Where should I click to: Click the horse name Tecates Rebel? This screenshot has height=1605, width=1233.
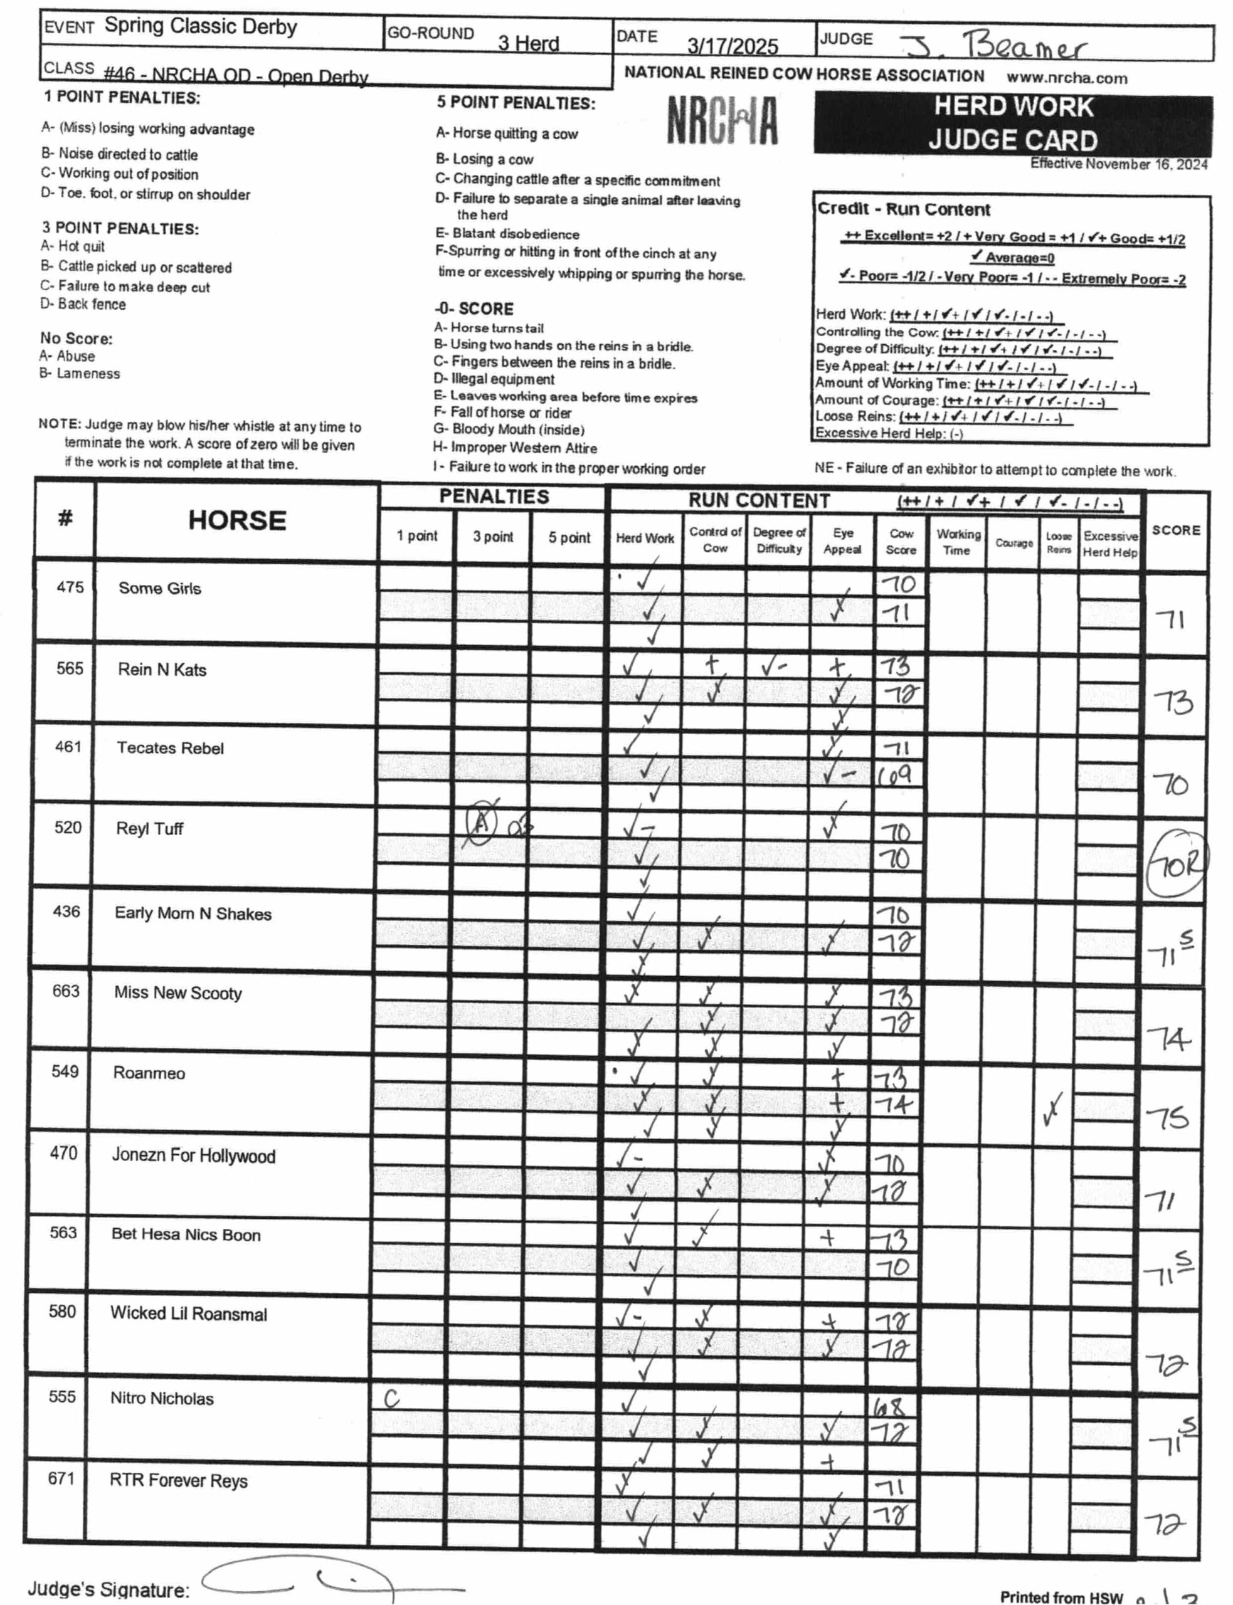tap(170, 748)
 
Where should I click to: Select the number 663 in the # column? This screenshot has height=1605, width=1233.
tap(65, 991)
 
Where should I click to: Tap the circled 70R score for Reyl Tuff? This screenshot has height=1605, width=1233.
tap(1176, 866)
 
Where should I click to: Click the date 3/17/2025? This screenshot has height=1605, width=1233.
tap(732, 46)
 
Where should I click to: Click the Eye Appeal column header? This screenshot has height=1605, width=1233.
tap(842, 541)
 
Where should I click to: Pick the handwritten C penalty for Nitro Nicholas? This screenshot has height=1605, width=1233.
tap(392, 1399)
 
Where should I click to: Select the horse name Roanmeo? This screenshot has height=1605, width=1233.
tap(149, 1073)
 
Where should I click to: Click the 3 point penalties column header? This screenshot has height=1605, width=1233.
tap(492, 537)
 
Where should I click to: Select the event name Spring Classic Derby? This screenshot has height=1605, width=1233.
tap(200, 26)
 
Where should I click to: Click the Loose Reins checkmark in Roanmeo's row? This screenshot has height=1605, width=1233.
tap(1053, 1110)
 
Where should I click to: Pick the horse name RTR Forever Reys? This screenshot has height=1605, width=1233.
tap(178, 1480)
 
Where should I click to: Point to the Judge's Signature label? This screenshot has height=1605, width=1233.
tap(108, 1589)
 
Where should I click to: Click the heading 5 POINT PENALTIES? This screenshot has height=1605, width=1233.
tap(516, 103)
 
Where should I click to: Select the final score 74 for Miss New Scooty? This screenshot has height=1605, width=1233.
tap(1169, 1039)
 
